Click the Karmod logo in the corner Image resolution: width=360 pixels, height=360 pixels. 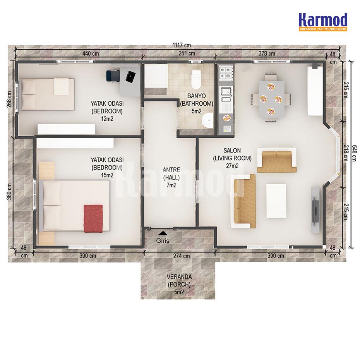pos(323,22)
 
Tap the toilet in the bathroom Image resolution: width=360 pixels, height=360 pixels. pos(196,79)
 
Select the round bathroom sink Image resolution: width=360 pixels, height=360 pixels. pos(207,120)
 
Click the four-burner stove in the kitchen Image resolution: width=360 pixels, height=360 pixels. pos(226,72)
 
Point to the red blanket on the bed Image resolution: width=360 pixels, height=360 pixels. pos(93,218)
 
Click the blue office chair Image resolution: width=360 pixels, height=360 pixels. pos(113,75)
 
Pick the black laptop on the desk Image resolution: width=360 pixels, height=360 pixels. pos(130,77)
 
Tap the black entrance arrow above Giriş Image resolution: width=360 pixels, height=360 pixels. pos(163,233)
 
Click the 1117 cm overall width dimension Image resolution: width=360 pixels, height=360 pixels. pos(182,45)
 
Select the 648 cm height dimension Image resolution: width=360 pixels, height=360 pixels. pos(355,153)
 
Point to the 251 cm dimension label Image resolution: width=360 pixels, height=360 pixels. pos(187,53)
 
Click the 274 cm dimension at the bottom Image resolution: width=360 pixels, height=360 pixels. pos(182,255)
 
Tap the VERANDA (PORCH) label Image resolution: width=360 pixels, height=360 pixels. pos(179,281)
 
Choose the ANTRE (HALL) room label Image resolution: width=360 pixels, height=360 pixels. pos(171,173)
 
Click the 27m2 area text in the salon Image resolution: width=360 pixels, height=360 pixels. pos(232,166)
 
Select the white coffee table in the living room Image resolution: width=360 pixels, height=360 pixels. pos(276,201)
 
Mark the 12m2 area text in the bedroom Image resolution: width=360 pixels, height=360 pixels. pos(107,119)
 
